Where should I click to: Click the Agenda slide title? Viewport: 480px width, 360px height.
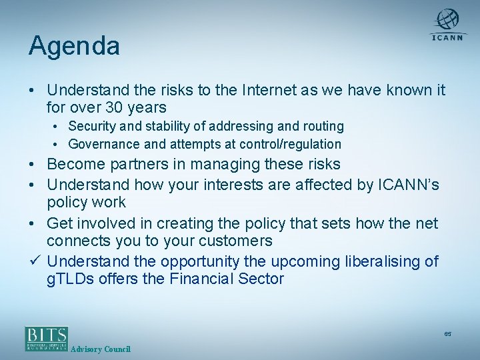(x=74, y=46)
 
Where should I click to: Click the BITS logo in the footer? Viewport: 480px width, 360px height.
(x=47, y=338)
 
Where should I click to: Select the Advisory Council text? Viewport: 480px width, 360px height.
(x=100, y=349)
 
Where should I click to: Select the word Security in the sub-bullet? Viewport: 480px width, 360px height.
(x=92, y=126)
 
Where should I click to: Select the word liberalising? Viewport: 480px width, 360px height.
(x=379, y=261)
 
